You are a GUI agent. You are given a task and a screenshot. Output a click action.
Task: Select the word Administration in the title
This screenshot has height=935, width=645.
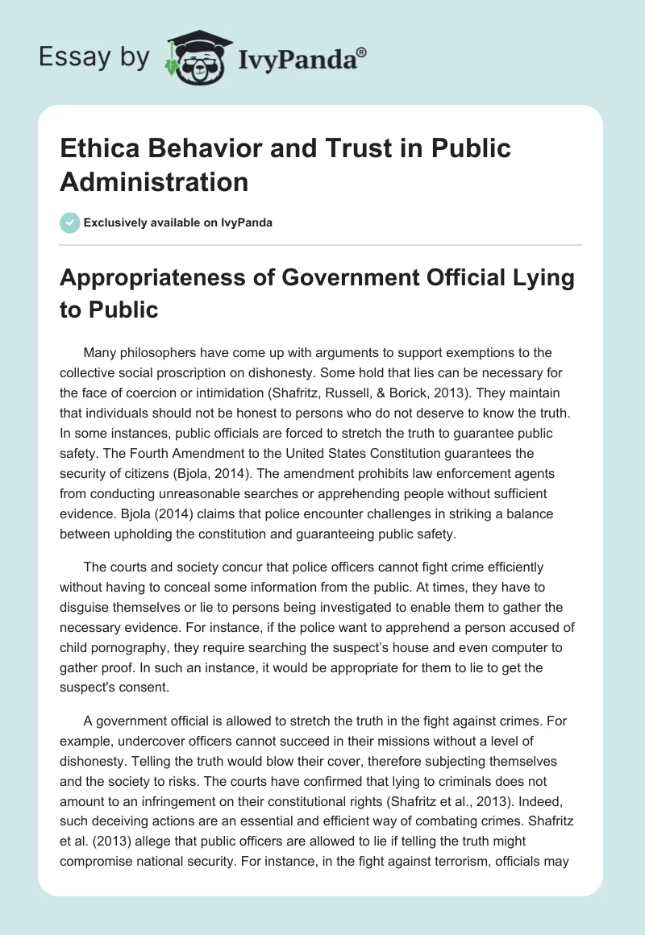point(154,181)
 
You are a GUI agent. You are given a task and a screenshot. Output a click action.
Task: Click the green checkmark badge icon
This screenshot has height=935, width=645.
point(71,222)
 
